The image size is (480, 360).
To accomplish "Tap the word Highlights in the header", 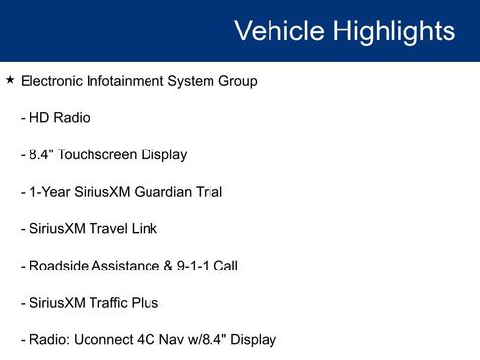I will (x=395, y=30).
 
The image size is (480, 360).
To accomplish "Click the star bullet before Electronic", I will (x=10, y=80).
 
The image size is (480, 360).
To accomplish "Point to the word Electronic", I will (x=53, y=81).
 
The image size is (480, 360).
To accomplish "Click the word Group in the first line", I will (x=237, y=81).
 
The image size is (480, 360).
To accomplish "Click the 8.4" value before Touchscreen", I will (x=43, y=154).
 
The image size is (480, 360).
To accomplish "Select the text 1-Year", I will (x=48, y=192).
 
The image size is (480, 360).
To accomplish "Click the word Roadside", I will (x=59, y=266).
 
